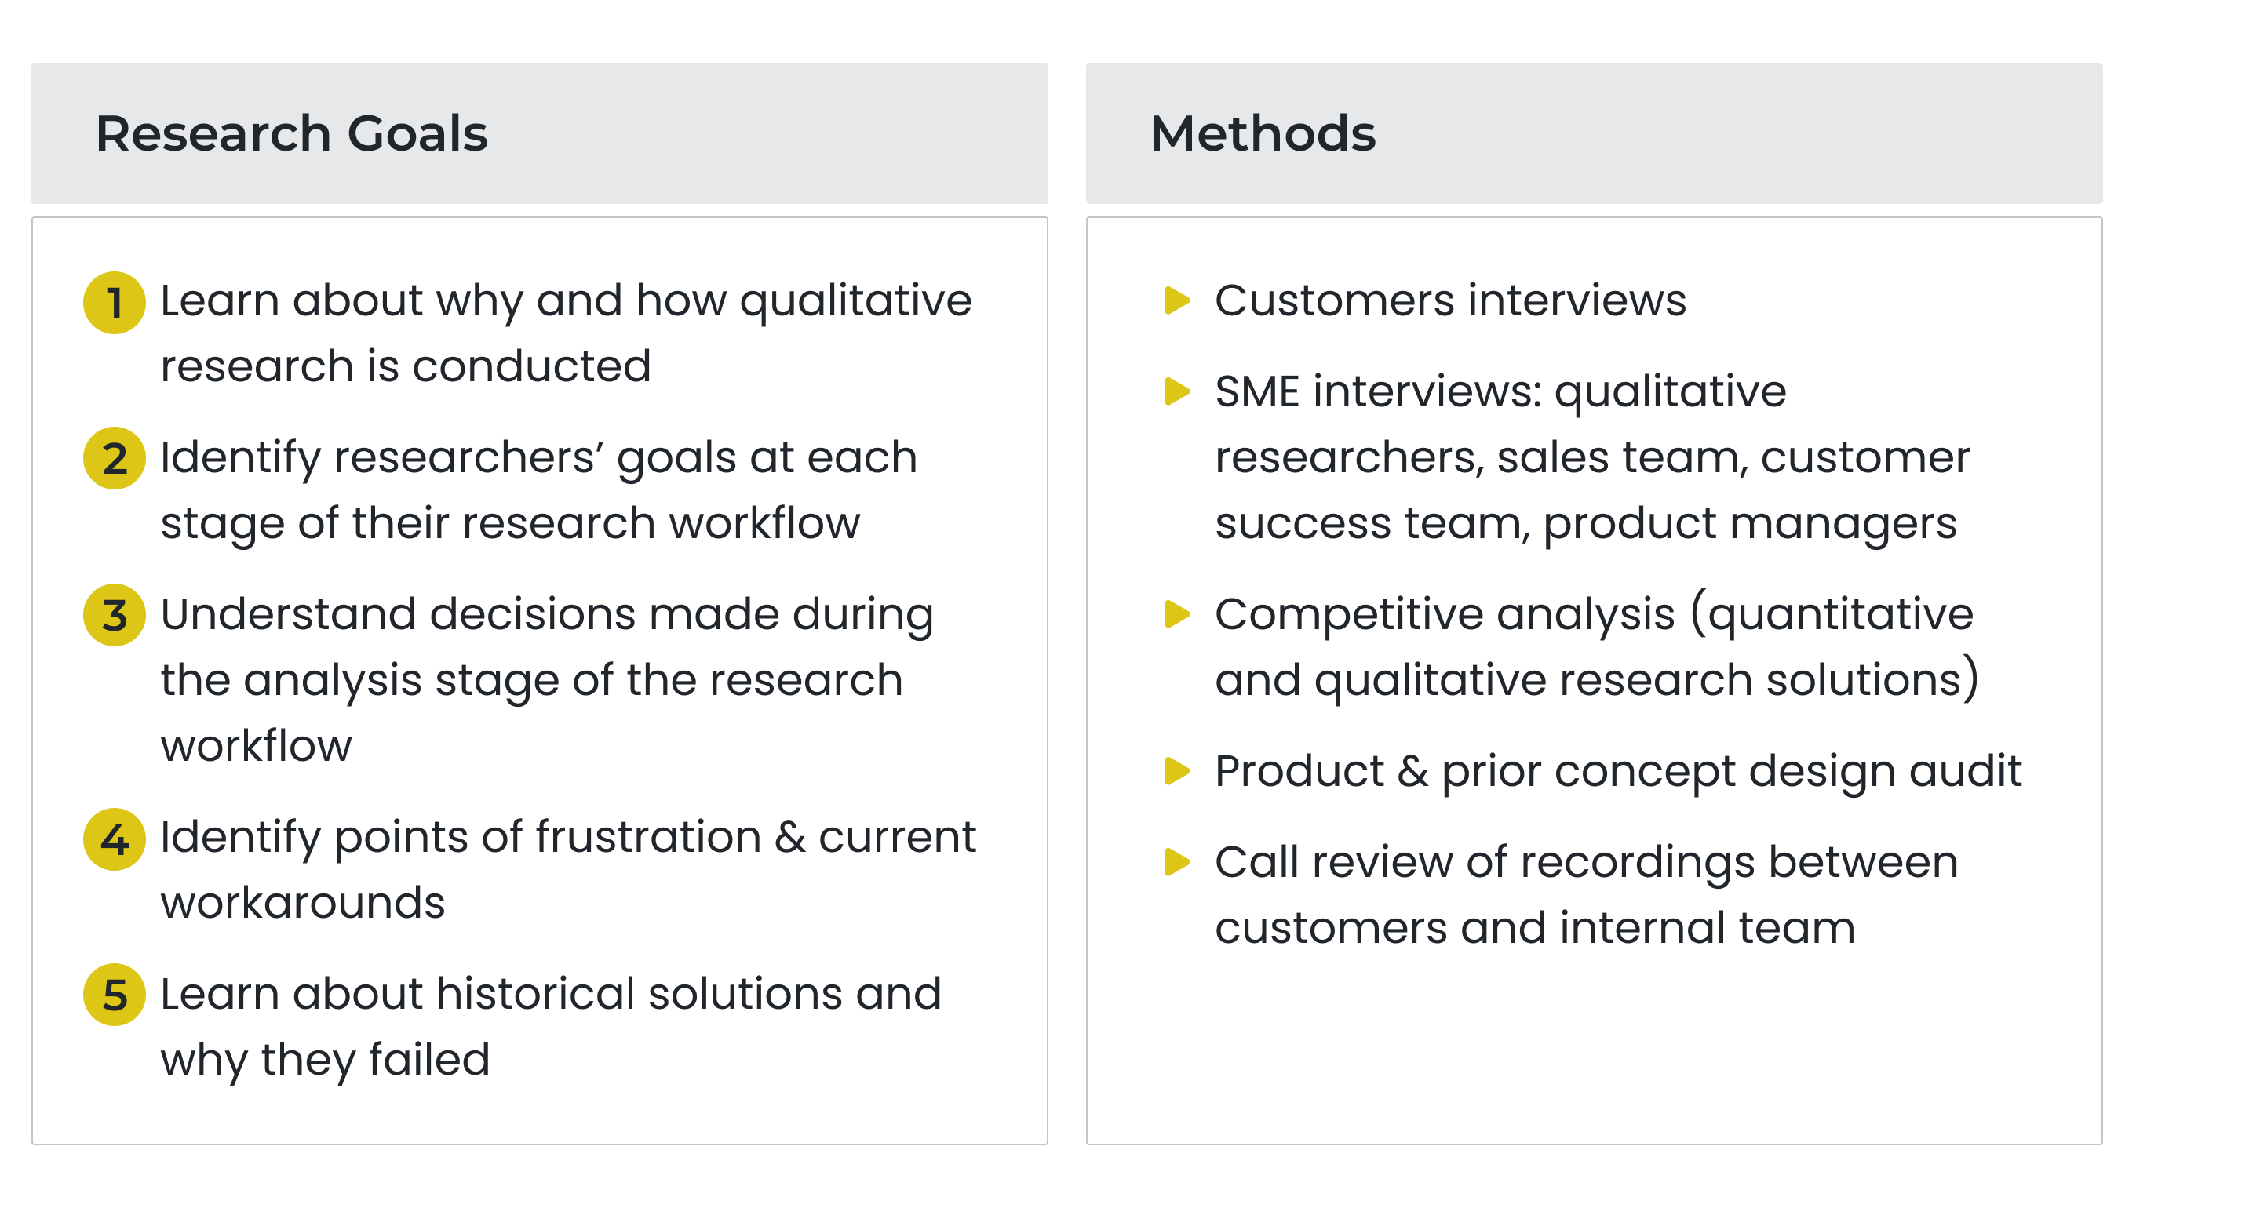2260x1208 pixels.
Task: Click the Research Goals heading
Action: (x=291, y=133)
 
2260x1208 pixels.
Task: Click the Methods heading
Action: (x=1263, y=133)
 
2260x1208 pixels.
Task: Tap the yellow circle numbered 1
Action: (x=114, y=303)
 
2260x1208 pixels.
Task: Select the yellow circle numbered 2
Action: (x=114, y=458)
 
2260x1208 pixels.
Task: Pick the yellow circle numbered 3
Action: (x=114, y=615)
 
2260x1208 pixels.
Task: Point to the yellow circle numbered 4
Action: (x=114, y=839)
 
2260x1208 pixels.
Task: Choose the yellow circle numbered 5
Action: (x=114, y=995)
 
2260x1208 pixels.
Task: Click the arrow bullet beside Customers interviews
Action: (x=1176, y=300)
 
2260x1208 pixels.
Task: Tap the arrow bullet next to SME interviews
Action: (x=1176, y=391)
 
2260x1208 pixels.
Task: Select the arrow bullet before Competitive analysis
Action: (x=1176, y=614)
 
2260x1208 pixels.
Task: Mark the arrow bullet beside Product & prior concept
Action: (x=1176, y=771)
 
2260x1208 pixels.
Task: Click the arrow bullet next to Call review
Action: (x=1176, y=862)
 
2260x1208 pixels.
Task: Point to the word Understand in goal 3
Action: (x=289, y=614)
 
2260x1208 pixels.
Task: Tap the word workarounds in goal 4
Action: (x=303, y=903)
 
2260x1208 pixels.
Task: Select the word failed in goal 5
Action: (x=429, y=1060)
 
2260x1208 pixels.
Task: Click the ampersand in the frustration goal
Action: (x=789, y=838)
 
